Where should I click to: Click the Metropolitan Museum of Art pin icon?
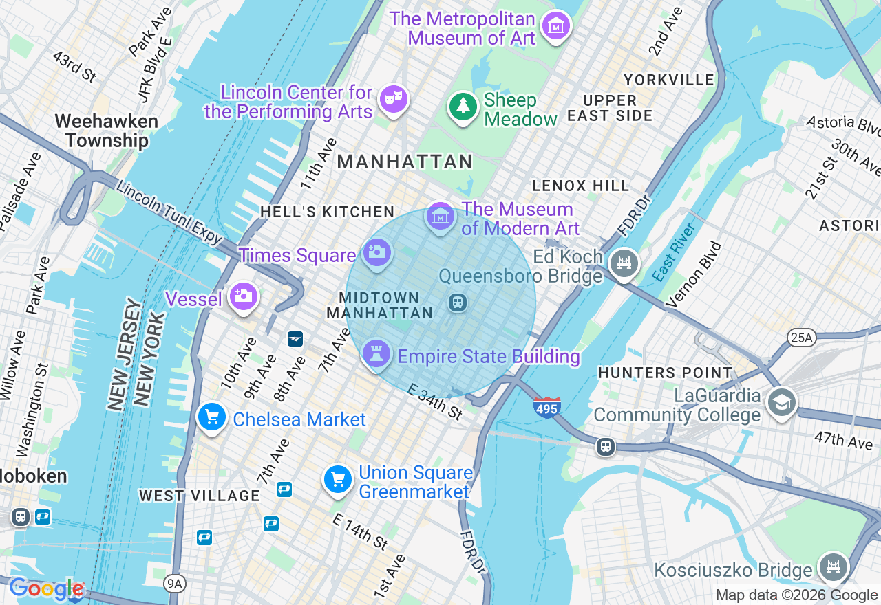[x=555, y=26]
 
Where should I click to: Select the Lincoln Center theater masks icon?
[x=394, y=99]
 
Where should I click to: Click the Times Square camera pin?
[x=376, y=252]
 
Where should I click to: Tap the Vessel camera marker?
[x=243, y=296]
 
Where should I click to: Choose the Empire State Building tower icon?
[x=376, y=354]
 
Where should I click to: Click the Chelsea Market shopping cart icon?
[x=212, y=417]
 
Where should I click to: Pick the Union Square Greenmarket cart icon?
[x=338, y=479]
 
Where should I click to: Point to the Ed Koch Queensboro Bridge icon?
[x=624, y=263]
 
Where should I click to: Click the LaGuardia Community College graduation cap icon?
[x=781, y=403]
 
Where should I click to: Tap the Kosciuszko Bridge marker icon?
[x=834, y=566]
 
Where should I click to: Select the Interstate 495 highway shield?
[x=546, y=407]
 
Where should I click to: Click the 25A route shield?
[x=801, y=337]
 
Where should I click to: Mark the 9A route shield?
[x=175, y=584]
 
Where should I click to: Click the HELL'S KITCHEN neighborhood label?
[x=327, y=212]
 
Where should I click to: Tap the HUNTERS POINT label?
[x=665, y=373]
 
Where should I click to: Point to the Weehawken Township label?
[x=107, y=131]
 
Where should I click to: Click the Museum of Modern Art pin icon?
[x=440, y=217]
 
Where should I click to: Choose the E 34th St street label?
[x=434, y=402]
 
